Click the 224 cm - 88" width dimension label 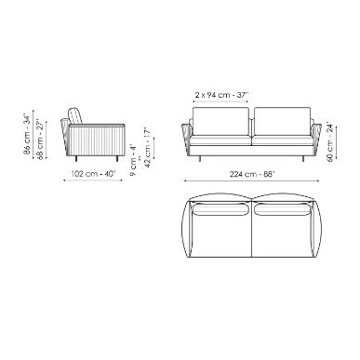pyautogui.click(x=252, y=174)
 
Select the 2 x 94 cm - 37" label pyautogui.click(x=222, y=95)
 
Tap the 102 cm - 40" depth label pyautogui.click(x=93, y=174)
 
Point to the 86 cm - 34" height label pyautogui.click(x=27, y=134)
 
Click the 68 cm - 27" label pyautogui.click(x=40, y=140)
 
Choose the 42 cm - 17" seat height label pyautogui.click(x=148, y=147)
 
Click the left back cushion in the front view pyautogui.click(x=220, y=121)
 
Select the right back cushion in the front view pyautogui.click(x=283, y=121)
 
